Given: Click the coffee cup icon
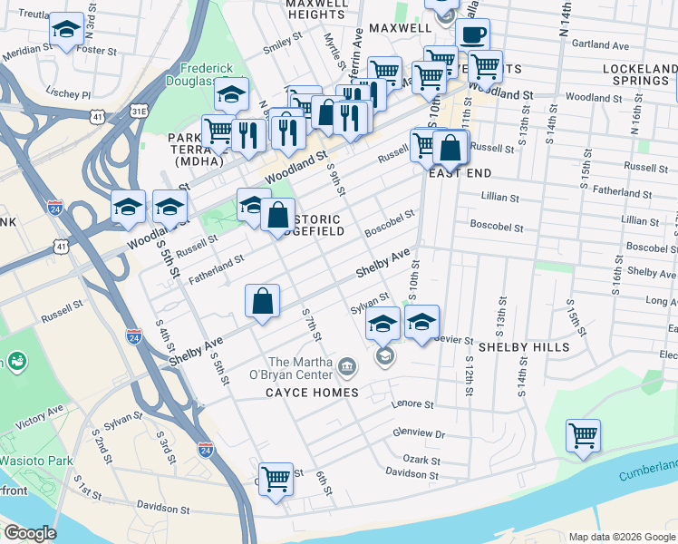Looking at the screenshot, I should (x=471, y=35).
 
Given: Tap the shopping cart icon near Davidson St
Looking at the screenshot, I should (x=276, y=479).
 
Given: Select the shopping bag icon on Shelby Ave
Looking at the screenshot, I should (x=262, y=302).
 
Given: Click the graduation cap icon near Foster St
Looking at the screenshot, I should (x=66, y=30).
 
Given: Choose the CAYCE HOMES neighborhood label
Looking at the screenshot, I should (x=312, y=393).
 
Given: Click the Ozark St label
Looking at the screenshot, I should (x=421, y=460).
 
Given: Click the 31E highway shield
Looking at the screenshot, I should (x=138, y=111).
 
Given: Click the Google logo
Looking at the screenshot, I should (x=29, y=533).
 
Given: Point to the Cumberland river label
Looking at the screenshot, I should (x=648, y=471).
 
